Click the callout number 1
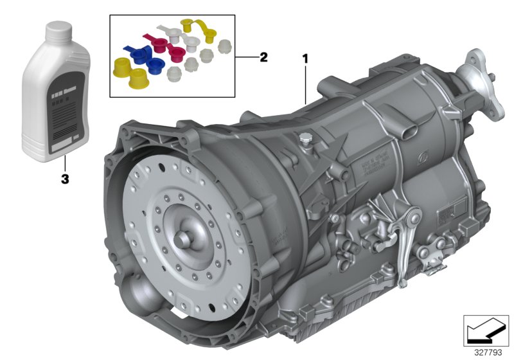[305, 59]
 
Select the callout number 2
[263, 57]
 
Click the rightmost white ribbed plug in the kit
[225, 46]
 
